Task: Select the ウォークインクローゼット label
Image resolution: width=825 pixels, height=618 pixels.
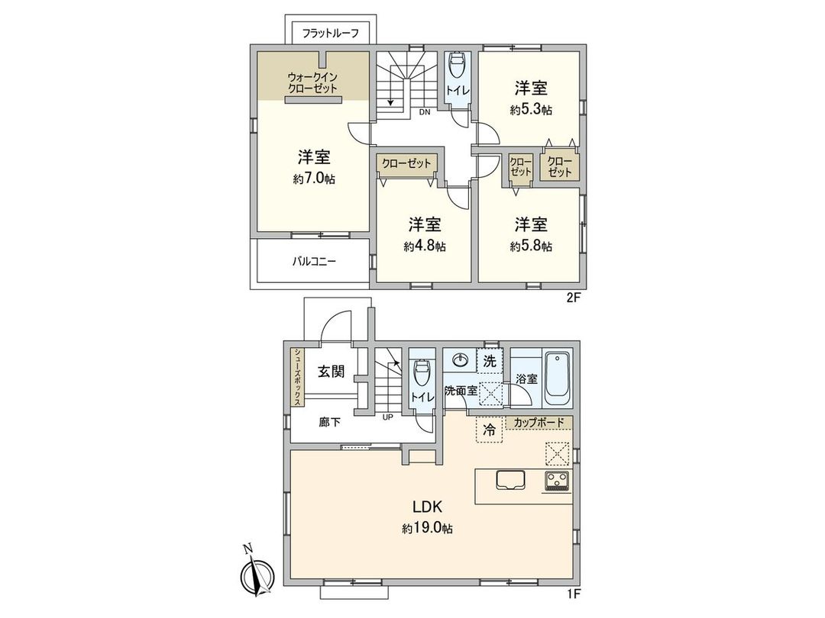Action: click(312, 82)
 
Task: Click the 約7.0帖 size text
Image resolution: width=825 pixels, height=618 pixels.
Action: click(313, 179)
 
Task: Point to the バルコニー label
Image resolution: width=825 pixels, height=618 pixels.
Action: click(313, 261)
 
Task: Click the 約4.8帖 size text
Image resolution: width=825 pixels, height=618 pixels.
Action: click(425, 246)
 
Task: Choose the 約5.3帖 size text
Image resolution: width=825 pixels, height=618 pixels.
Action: click(531, 109)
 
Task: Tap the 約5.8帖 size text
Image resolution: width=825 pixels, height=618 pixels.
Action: click(531, 246)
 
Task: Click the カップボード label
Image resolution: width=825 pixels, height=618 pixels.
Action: click(539, 422)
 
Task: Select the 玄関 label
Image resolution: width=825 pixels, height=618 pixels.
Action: click(331, 372)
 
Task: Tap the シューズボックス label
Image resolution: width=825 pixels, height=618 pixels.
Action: click(297, 379)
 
